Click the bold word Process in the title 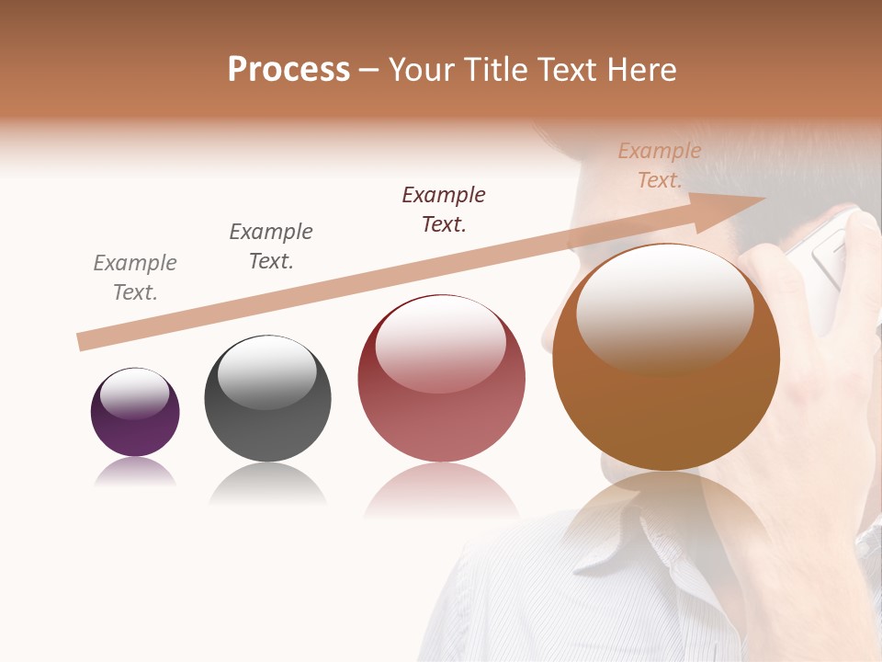pos(288,70)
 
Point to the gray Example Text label pos(135,277)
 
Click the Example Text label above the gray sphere pos(271,245)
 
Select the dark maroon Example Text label pos(444,209)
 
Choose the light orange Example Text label pos(660,165)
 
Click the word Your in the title pos(418,70)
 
